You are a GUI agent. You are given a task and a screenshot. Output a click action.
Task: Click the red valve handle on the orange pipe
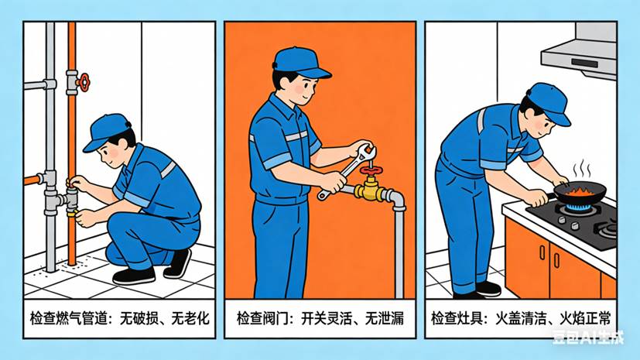[82, 80]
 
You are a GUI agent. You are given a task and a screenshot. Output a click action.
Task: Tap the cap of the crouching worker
[106, 129]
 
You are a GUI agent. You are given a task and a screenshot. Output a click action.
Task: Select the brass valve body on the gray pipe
[369, 189]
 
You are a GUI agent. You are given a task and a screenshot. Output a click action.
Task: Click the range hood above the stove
[579, 50]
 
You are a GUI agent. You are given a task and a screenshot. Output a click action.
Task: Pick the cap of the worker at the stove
[549, 101]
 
